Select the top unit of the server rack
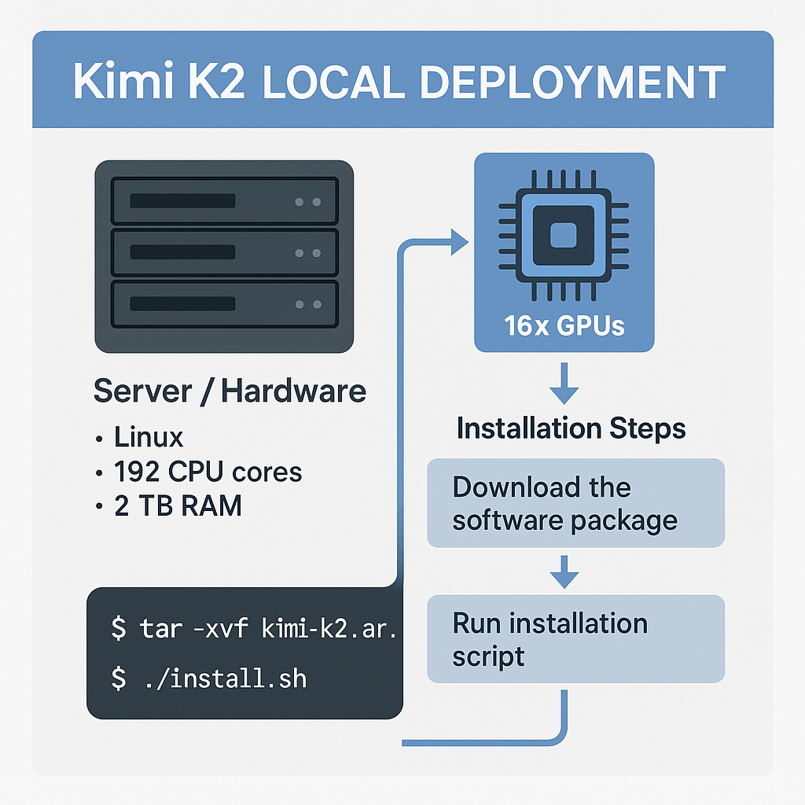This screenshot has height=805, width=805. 224,201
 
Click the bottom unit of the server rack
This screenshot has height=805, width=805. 224,303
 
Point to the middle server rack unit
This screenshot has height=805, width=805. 224,252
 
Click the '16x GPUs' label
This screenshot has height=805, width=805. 564,325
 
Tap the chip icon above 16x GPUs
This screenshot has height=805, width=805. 563,235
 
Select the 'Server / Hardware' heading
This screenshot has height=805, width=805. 230,391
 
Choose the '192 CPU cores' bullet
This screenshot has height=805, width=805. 207,472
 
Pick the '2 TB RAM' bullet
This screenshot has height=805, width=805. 177,506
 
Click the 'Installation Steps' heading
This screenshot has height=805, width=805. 571,428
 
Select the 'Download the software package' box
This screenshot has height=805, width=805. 575,503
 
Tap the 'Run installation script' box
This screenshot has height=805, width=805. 575,638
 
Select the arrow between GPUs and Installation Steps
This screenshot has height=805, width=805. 564,384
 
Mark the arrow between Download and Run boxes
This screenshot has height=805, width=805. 564,572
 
